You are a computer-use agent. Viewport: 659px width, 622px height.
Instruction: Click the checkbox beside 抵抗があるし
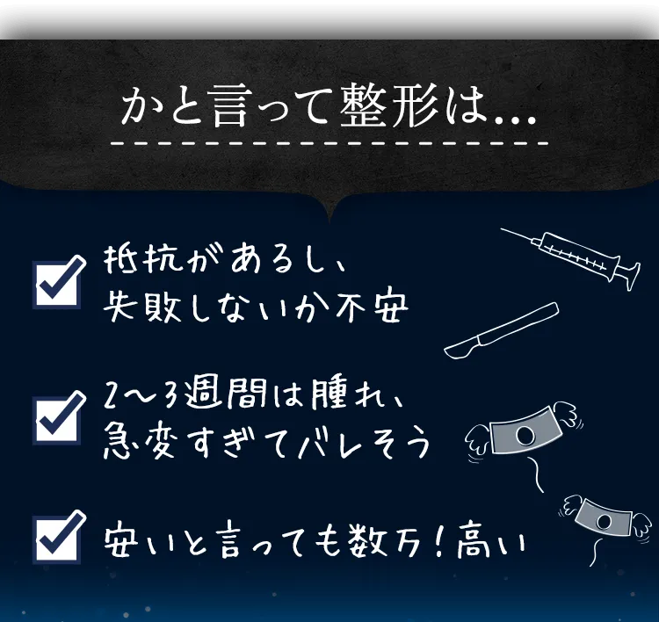click(59, 281)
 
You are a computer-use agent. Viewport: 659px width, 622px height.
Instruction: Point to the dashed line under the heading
click(329, 142)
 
